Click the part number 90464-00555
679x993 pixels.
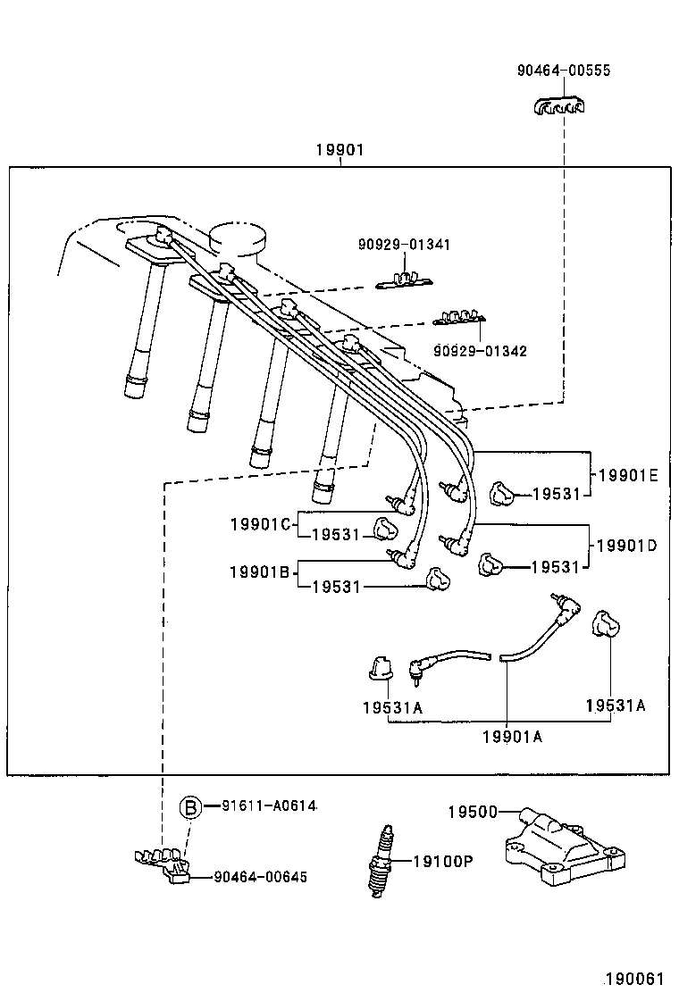pyautogui.click(x=564, y=71)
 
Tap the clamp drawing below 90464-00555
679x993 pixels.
pyautogui.click(x=559, y=108)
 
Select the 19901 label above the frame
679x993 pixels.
pyautogui.click(x=339, y=151)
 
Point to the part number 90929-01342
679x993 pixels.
pyautogui.click(x=480, y=351)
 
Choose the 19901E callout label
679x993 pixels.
pyautogui.click(x=627, y=476)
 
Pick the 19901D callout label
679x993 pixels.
pyautogui.click(x=626, y=545)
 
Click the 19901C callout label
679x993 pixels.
pyautogui.click(x=260, y=524)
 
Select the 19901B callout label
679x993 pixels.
pyautogui.click(x=259, y=572)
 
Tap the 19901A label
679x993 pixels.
pyautogui.click(x=512, y=736)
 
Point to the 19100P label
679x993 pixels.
pyautogui.click(x=442, y=862)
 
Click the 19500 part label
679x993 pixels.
pyautogui.click(x=472, y=811)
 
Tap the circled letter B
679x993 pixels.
pyautogui.click(x=190, y=807)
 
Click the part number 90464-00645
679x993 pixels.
pyautogui.click(x=261, y=877)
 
